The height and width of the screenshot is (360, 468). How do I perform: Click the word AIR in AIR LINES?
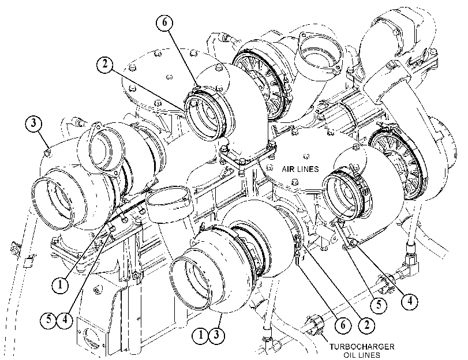tap(288, 169)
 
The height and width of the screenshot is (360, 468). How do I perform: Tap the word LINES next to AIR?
tap(308, 169)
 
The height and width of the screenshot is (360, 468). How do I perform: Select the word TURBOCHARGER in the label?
tap(362, 347)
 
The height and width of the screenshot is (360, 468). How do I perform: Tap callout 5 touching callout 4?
tap(48, 321)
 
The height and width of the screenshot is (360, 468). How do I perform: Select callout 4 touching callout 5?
tap(65, 321)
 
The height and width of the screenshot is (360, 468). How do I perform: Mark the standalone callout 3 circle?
tap(33, 123)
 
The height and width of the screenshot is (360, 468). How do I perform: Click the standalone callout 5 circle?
tap(379, 305)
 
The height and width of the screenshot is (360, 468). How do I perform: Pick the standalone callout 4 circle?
tap(410, 301)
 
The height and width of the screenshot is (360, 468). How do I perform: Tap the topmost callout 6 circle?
tap(165, 23)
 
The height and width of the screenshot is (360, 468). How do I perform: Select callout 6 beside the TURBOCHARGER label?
tap(343, 324)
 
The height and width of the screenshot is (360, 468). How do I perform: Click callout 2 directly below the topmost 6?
tap(104, 65)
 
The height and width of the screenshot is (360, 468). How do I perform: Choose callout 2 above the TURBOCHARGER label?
tap(367, 324)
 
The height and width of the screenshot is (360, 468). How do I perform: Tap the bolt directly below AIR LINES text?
tap(294, 181)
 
